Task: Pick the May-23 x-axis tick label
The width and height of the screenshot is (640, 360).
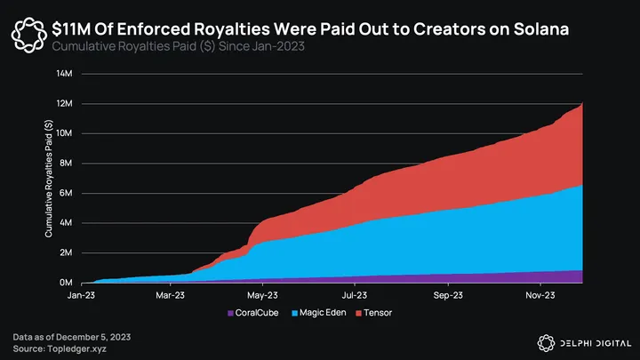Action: (262, 295)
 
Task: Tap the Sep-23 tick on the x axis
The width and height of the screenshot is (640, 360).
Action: (447, 295)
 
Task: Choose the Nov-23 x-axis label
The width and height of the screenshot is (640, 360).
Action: (540, 295)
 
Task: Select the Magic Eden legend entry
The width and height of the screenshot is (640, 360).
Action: (322, 314)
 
